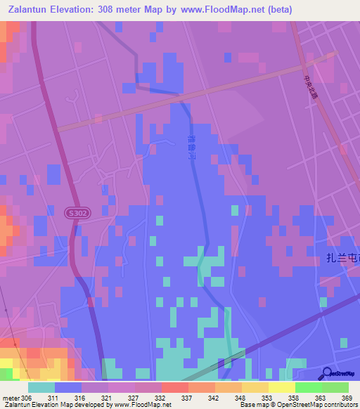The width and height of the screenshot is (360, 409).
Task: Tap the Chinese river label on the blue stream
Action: point(192,150)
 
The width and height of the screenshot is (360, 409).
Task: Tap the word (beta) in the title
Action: point(276,9)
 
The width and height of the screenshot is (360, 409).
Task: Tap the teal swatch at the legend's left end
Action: point(41,387)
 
